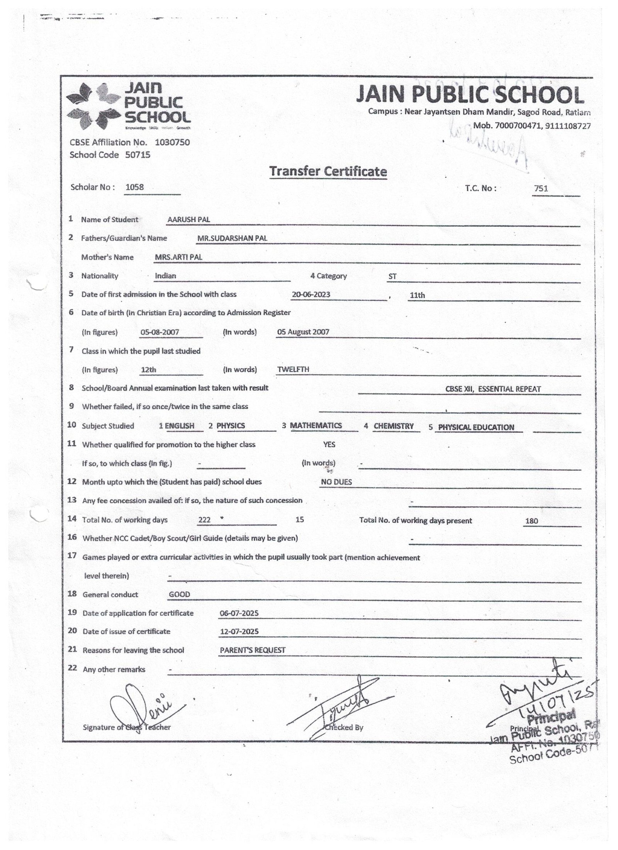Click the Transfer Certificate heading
point(328,171)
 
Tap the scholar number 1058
point(134,187)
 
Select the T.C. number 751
point(541,189)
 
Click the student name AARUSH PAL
point(188,219)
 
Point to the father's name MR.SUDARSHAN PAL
point(232,238)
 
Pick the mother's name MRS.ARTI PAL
point(178,257)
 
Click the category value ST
point(392,277)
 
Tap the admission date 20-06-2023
point(311,294)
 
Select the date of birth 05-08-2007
point(160,332)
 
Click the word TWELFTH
point(293,369)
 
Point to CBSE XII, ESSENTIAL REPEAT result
point(493,389)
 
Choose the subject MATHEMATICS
point(316,425)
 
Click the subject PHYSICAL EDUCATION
point(476,427)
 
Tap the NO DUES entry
point(336,482)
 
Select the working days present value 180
point(531,521)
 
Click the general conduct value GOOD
point(179,594)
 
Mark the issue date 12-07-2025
point(239,632)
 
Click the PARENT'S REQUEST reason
point(253,650)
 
